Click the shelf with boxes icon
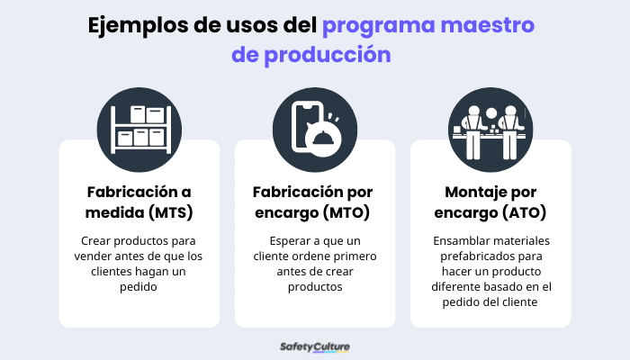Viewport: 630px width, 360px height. pyautogui.click(x=139, y=127)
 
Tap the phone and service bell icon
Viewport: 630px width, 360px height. pyautogui.click(x=315, y=127)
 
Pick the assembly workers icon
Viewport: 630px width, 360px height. pyautogui.click(x=490, y=127)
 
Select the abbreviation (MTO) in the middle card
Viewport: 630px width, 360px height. pyautogui.click(x=347, y=213)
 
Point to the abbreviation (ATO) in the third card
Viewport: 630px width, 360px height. pyautogui.click(x=523, y=213)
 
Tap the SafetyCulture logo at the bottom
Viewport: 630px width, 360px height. pyautogui.click(x=315, y=346)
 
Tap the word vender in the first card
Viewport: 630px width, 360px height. pyautogui.click(x=94, y=256)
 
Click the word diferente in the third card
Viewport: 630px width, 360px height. pyautogui.click(x=462, y=287)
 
